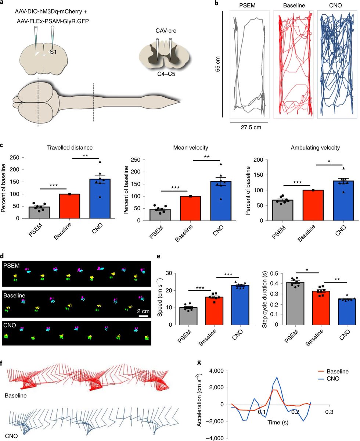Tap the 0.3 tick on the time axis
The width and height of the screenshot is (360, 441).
click(328, 412)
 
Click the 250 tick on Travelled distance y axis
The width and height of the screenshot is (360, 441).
click(14, 158)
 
